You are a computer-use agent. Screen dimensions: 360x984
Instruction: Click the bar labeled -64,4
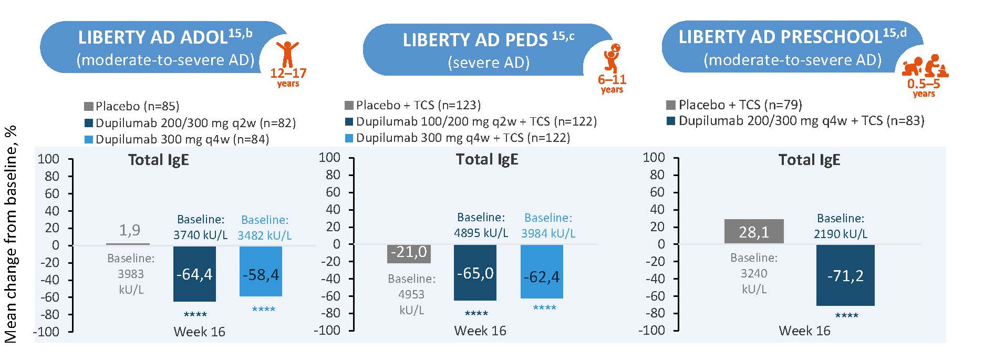pos(194,273)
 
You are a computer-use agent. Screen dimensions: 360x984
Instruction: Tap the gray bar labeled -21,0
pos(409,253)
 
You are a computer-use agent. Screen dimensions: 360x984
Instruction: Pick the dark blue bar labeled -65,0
pos(475,272)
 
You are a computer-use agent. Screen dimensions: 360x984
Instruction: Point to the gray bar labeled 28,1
pos(753,231)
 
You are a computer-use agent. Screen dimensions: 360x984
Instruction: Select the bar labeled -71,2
pos(845,275)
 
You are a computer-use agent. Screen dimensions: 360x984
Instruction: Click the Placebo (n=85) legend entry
pos(131,106)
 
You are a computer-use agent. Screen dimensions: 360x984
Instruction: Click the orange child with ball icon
pos(612,58)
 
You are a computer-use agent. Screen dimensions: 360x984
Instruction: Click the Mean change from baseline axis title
pos(11,234)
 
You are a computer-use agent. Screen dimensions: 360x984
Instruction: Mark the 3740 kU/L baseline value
pos(200,235)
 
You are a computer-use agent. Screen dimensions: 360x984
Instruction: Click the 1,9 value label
pos(130,230)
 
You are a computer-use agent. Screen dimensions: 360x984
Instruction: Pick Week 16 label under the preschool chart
pos(804,331)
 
